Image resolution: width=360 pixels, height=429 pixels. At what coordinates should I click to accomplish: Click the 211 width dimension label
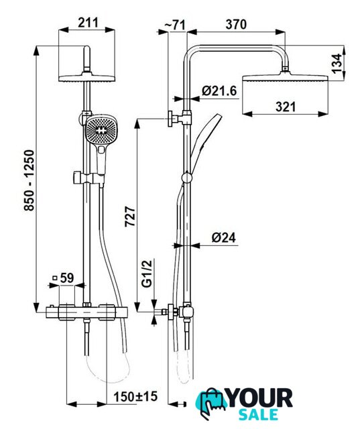[x=88, y=22]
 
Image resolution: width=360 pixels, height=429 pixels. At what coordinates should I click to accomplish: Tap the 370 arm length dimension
[x=236, y=24]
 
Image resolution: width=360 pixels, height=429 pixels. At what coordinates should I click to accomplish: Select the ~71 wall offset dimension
[x=174, y=25]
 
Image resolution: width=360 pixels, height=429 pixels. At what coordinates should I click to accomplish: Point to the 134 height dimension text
[x=337, y=64]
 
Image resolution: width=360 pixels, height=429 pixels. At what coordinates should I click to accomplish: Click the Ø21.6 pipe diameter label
[x=219, y=91]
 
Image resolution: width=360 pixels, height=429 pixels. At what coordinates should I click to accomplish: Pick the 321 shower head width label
[x=286, y=107]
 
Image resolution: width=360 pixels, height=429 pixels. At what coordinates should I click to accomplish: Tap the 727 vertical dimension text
[x=130, y=217]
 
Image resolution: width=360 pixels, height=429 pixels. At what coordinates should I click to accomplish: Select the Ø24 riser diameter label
[x=223, y=237]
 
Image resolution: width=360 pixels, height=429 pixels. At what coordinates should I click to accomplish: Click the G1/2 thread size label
[x=147, y=273]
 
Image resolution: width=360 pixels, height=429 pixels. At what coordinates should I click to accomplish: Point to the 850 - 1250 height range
[x=29, y=180]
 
